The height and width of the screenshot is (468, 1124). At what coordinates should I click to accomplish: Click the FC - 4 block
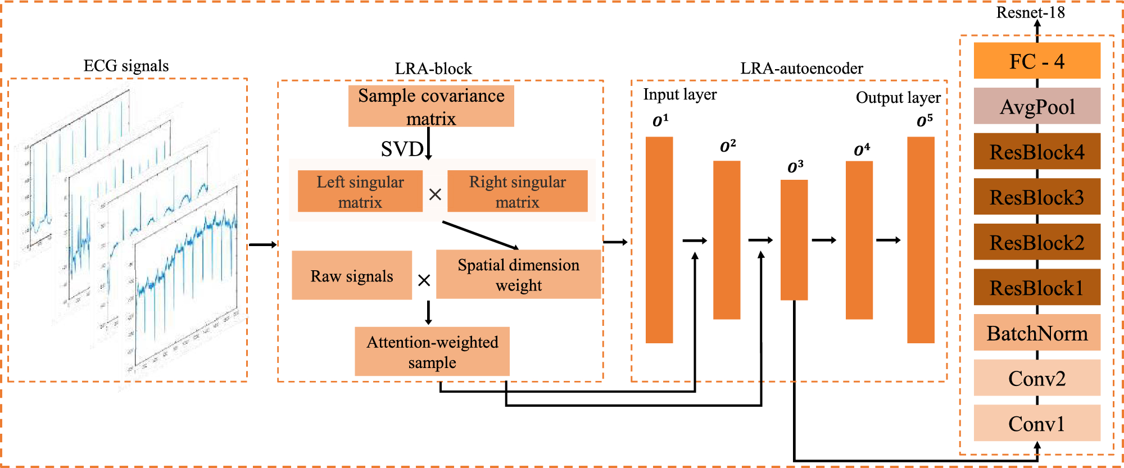pyautogui.click(x=1037, y=61)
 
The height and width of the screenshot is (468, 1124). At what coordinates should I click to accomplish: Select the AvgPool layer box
pyautogui.click(x=1037, y=106)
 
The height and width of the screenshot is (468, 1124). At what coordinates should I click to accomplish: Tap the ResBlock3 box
pyautogui.click(x=1037, y=197)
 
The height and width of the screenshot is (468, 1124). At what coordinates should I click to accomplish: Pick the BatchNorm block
pyautogui.click(x=1037, y=333)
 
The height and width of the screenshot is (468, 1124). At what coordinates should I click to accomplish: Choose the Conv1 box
pyautogui.click(x=1037, y=423)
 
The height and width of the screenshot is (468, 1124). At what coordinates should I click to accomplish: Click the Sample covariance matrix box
pyautogui.click(x=431, y=106)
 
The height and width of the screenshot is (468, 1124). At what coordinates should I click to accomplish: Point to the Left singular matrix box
pyautogui.click(x=360, y=192)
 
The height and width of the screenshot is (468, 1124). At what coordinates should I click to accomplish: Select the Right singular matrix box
pyautogui.click(x=517, y=192)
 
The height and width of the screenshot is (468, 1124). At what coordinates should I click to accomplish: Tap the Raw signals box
pyautogui.click(x=352, y=275)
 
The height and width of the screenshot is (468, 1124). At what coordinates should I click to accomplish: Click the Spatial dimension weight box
pyautogui.click(x=518, y=274)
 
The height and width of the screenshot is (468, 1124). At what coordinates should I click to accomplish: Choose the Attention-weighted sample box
pyautogui.click(x=432, y=352)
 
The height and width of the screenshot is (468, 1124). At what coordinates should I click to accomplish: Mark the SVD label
pyautogui.click(x=402, y=149)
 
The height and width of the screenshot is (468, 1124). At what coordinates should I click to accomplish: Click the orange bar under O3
pyautogui.click(x=794, y=240)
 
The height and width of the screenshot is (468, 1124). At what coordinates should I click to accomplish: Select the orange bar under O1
pyautogui.click(x=659, y=240)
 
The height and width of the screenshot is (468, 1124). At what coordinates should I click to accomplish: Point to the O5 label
pyautogui.click(x=924, y=121)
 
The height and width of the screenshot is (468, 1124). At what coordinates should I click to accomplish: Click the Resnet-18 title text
pyautogui.click(x=1030, y=12)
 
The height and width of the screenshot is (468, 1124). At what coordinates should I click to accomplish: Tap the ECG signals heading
pyautogui.click(x=126, y=66)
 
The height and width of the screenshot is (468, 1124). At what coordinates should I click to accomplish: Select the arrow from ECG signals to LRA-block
pyautogui.click(x=262, y=244)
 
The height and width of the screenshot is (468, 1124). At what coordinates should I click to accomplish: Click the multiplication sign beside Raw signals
pyautogui.click(x=424, y=280)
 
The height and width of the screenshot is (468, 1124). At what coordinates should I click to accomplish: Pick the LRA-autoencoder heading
pyautogui.click(x=801, y=69)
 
